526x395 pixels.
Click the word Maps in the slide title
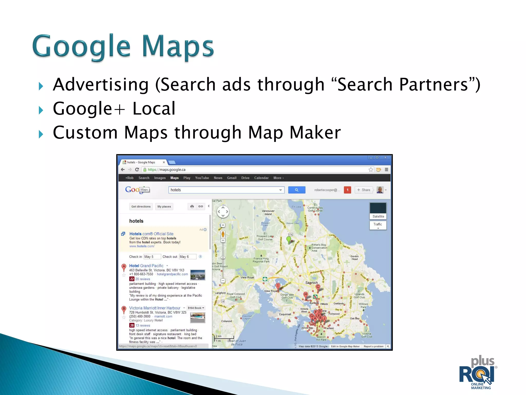coord(178,46)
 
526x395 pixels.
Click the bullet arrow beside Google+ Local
coord(41,110)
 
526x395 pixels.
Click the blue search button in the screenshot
coord(297,190)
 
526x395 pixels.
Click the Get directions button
coord(141,207)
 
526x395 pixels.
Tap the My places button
coord(164,207)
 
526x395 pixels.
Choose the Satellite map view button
coord(378,216)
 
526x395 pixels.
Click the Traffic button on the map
coord(378,225)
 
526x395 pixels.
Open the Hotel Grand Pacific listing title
coord(146,266)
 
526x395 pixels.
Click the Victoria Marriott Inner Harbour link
coord(155,308)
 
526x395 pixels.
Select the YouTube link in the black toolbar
coord(202,178)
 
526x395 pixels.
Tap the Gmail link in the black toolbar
coord(232,178)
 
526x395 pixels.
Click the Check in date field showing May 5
coord(152,257)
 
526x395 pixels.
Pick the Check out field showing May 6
coord(187,257)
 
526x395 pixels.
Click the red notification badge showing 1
coord(347,190)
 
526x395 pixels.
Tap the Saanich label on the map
coord(311,283)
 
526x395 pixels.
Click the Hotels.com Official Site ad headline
coord(151,234)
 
